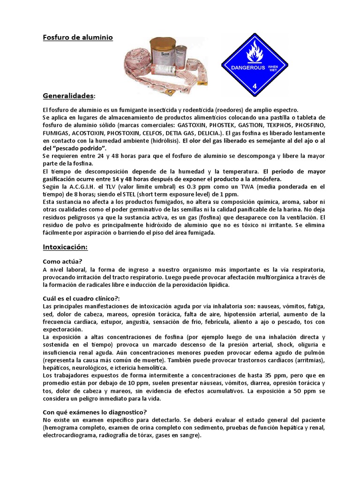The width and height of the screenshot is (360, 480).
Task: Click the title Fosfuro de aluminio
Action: click(78, 37)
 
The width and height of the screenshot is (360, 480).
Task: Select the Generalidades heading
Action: click(68, 96)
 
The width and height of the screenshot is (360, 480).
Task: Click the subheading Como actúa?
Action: click(63, 261)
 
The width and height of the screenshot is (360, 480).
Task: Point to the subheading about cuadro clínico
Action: click(81, 299)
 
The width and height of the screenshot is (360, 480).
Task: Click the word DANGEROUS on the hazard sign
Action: click(248, 67)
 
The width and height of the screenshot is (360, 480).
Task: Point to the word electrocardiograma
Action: click(69, 435)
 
